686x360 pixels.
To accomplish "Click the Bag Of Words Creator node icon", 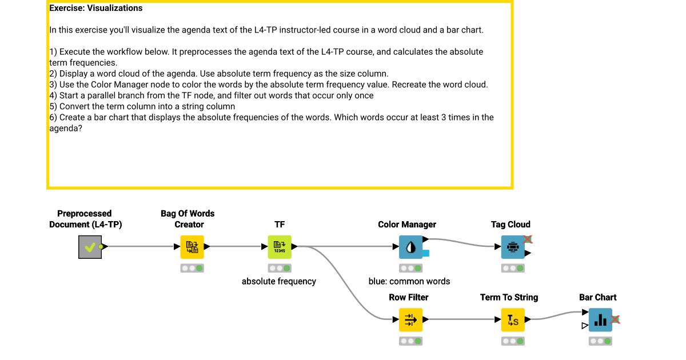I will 192,247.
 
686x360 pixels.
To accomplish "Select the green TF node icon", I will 280,247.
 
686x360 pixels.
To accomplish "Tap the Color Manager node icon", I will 410,247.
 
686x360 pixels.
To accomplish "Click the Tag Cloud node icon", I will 513,247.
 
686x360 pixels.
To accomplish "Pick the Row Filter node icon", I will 410,320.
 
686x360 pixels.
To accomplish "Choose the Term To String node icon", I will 513,320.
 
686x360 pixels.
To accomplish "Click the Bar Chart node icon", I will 600,320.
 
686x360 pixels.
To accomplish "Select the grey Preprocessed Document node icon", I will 90,247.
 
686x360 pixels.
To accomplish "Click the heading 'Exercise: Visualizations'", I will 96,8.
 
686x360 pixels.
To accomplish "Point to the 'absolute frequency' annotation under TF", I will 279,281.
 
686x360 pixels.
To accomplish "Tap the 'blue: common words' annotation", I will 409,281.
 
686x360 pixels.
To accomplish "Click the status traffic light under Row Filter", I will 410,341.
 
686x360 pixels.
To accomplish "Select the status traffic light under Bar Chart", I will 600,341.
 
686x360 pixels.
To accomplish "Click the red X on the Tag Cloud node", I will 528,239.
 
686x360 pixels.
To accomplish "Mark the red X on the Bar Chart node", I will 616,320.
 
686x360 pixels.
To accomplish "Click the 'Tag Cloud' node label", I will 510,225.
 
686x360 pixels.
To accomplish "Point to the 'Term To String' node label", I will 509,297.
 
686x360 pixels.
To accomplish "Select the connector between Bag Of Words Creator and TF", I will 236,247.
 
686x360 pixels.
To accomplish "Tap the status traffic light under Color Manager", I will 410,268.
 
